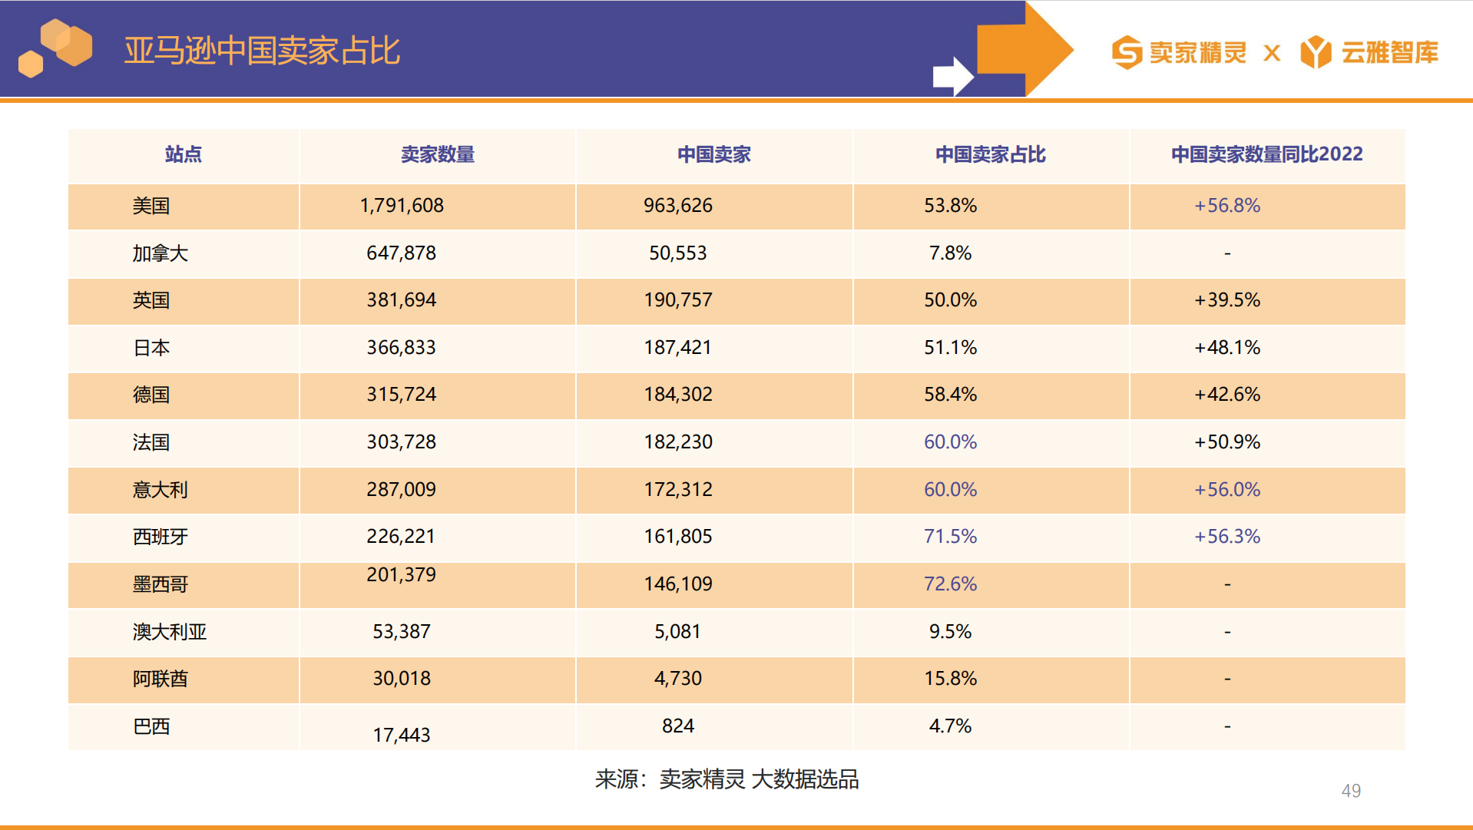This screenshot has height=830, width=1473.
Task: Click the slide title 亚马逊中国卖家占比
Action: click(262, 51)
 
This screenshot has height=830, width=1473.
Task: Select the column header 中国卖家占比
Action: click(990, 154)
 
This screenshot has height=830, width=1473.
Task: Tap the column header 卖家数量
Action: click(437, 154)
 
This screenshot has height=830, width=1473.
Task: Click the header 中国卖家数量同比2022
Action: click(1266, 154)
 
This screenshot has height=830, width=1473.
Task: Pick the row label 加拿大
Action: click(160, 253)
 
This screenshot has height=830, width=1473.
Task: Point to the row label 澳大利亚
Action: click(170, 632)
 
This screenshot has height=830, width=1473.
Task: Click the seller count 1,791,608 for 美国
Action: click(402, 206)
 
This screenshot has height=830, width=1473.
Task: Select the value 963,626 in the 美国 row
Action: click(678, 206)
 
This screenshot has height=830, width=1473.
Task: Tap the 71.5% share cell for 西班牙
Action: click(950, 537)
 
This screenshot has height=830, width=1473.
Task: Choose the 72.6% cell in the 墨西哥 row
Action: click(950, 584)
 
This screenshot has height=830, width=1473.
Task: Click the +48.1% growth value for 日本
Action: click(1226, 348)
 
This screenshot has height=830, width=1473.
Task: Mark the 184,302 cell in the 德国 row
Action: click(678, 395)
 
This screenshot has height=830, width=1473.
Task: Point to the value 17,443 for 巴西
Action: click(402, 735)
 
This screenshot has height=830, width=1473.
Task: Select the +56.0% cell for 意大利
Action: click(1226, 490)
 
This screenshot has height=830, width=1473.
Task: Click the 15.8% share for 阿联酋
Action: click(950, 679)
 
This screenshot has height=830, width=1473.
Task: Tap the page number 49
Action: click(1351, 791)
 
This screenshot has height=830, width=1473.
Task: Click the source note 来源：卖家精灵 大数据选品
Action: click(727, 779)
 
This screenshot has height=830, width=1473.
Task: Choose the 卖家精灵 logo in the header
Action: click(1179, 52)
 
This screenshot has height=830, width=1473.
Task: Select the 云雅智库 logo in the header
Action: click(1369, 52)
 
